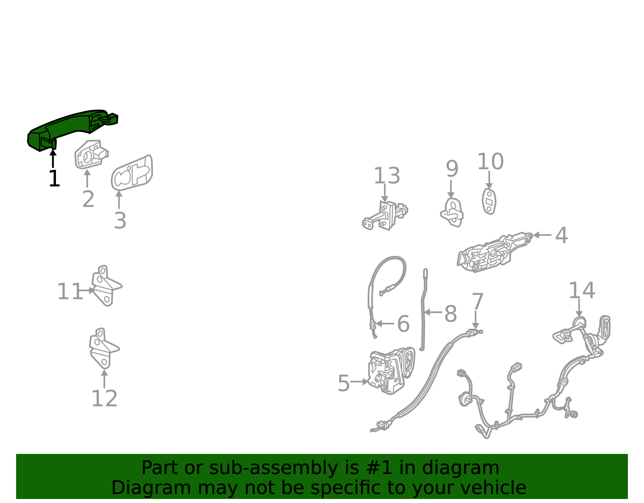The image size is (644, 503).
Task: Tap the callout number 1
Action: [x=54, y=178]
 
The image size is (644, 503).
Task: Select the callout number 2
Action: [x=88, y=199]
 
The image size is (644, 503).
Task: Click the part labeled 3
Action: [x=132, y=173]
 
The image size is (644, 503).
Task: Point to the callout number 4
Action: [x=561, y=235]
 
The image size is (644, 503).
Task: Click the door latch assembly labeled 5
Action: [x=390, y=371]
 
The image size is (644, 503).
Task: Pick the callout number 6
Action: [x=403, y=324]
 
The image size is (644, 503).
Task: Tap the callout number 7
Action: [x=477, y=302]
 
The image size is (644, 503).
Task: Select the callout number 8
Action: [x=450, y=313]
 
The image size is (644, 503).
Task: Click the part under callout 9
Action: [x=452, y=213]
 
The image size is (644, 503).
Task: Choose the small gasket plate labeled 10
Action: [x=489, y=201]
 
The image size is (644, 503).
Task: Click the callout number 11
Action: [x=70, y=292]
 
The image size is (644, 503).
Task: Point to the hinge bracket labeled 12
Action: [x=104, y=349]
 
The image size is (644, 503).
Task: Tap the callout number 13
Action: [x=387, y=176]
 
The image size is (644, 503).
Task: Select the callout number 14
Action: [x=582, y=290]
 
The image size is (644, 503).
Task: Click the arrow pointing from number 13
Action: [x=385, y=193]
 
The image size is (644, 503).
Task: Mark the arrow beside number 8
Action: [x=433, y=312]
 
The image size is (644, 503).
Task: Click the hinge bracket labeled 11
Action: [x=106, y=286]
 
